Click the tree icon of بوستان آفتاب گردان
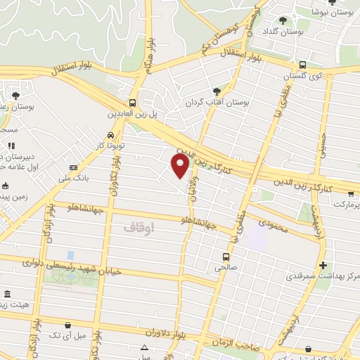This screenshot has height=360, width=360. point(217,91)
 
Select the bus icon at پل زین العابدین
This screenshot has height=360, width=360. point(133,103)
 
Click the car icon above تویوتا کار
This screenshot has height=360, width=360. point(111,135)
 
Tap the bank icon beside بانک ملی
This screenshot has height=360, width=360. point(74,168)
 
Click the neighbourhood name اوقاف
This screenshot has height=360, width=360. point(139,228)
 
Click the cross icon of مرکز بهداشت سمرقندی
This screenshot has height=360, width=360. point(323,265)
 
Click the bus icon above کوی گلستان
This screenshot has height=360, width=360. point(302,64)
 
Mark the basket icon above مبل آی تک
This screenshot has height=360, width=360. point(67,326)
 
